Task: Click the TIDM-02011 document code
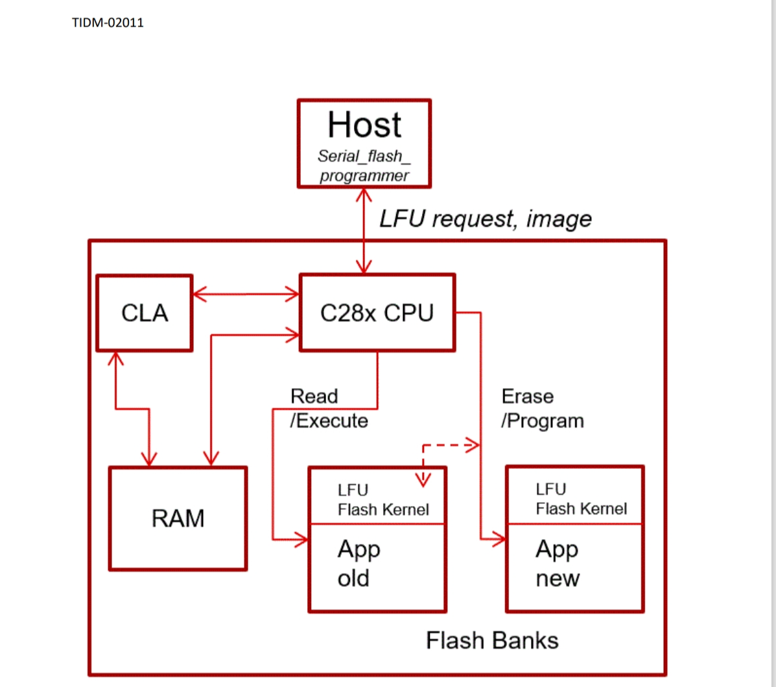pyautogui.click(x=108, y=23)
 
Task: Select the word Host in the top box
pyautogui.click(x=364, y=125)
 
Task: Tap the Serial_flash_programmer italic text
pyautogui.click(x=364, y=166)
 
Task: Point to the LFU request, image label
pyautogui.click(x=485, y=219)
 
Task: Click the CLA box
pyautogui.click(x=145, y=313)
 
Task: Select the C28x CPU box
pyautogui.click(x=377, y=313)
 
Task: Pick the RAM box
pyautogui.click(x=178, y=518)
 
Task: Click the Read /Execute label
pyautogui.click(x=329, y=409)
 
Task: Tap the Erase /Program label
pyautogui.click(x=542, y=409)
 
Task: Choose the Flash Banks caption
pyautogui.click(x=492, y=640)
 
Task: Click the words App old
pyautogui.click(x=359, y=564)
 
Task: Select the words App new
pyautogui.click(x=558, y=564)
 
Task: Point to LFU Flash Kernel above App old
pyautogui.click(x=382, y=500)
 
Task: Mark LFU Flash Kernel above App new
pyautogui.click(x=581, y=499)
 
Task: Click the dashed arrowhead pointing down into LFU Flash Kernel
pyautogui.click(x=423, y=480)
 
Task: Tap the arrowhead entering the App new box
pyautogui.click(x=499, y=538)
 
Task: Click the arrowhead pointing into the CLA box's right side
pyautogui.click(x=199, y=294)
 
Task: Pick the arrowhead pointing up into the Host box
pyautogui.click(x=364, y=195)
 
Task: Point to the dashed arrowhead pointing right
pyautogui.click(x=473, y=445)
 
